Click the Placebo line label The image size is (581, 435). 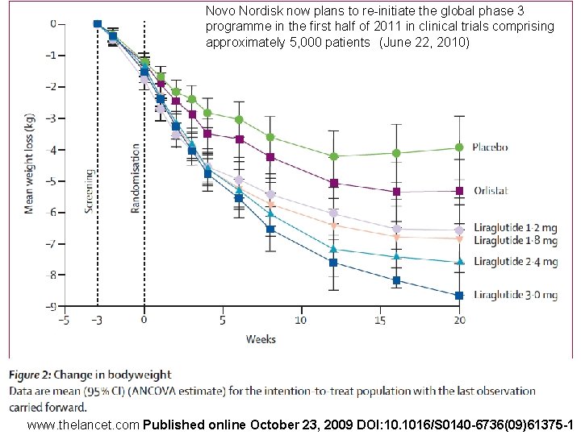(490, 147)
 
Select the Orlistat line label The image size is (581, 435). (491, 190)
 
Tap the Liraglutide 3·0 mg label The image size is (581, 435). (516, 295)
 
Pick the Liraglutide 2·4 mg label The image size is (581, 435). (516, 262)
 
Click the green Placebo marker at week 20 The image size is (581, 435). (459, 147)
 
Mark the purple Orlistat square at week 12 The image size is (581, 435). (334, 183)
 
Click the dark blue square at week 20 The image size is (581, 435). (459, 296)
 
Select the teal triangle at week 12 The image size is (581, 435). (334, 249)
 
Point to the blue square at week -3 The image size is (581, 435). (98, 23)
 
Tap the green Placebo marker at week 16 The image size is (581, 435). (396, 153)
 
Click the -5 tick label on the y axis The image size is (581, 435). (51, 181)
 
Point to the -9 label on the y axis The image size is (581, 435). (51, 306)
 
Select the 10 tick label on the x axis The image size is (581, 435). (301, 320)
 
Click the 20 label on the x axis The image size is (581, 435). (459, 320)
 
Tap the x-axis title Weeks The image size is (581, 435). (261, 339)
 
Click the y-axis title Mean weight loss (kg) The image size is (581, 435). (29, 164)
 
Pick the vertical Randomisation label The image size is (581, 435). (136, 178)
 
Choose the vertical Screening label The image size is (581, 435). (89, 191)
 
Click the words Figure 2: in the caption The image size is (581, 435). (30, 375)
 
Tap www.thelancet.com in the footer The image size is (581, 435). (83, 425)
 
